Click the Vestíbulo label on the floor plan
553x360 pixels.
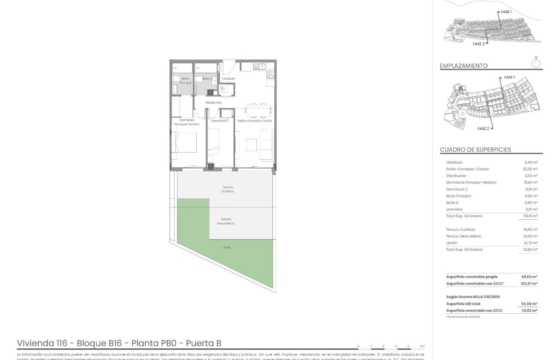[x=228, y=79]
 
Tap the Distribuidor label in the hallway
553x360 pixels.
[x=213, y=103]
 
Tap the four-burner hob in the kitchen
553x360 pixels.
[x=270, y=75]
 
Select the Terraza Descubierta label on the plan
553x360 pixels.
[x=226, y=221]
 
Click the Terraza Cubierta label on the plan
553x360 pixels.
[x=228, y=189]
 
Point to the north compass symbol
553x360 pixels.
[x=535, y=63]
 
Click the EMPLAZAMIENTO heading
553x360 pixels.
[x=463, y=66]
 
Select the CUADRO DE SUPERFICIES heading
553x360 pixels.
[x=475, y=150]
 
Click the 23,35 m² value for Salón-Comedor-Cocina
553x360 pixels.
[x=531, y=169]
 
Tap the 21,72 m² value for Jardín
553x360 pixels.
[x=531, y=243]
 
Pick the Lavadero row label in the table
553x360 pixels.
[x=454, y=209]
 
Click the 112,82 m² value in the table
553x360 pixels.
[x=529, y=310]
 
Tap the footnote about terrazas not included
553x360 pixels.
[x=463, y=317]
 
